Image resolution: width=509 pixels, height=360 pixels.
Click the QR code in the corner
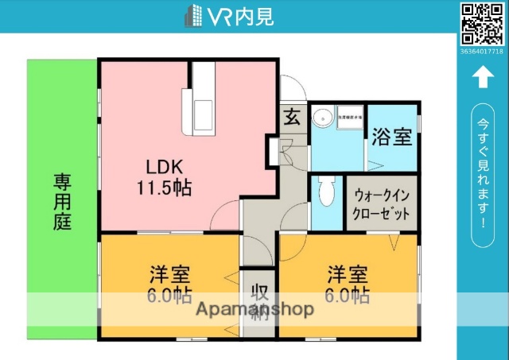[482, 24]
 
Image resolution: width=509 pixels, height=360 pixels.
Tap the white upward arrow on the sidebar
[482, 77]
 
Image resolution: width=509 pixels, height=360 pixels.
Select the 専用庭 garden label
[63, 202]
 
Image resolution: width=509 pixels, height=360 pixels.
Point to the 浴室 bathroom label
[392, 137]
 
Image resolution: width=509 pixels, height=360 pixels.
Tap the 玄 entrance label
[291, 118]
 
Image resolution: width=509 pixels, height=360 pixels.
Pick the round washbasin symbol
[322, 119]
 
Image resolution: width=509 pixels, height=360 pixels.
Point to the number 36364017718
[482, 51]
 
